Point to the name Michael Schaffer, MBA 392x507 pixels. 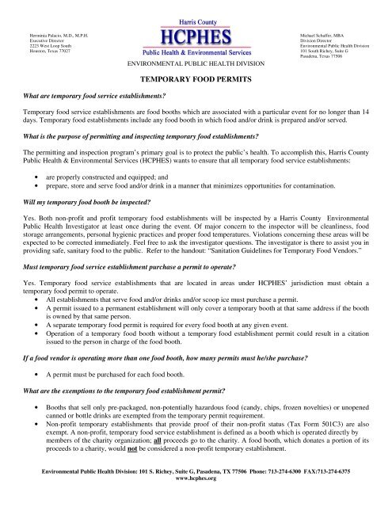[x=326, y=36]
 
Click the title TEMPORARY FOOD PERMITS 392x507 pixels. [x=196, y=80]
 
